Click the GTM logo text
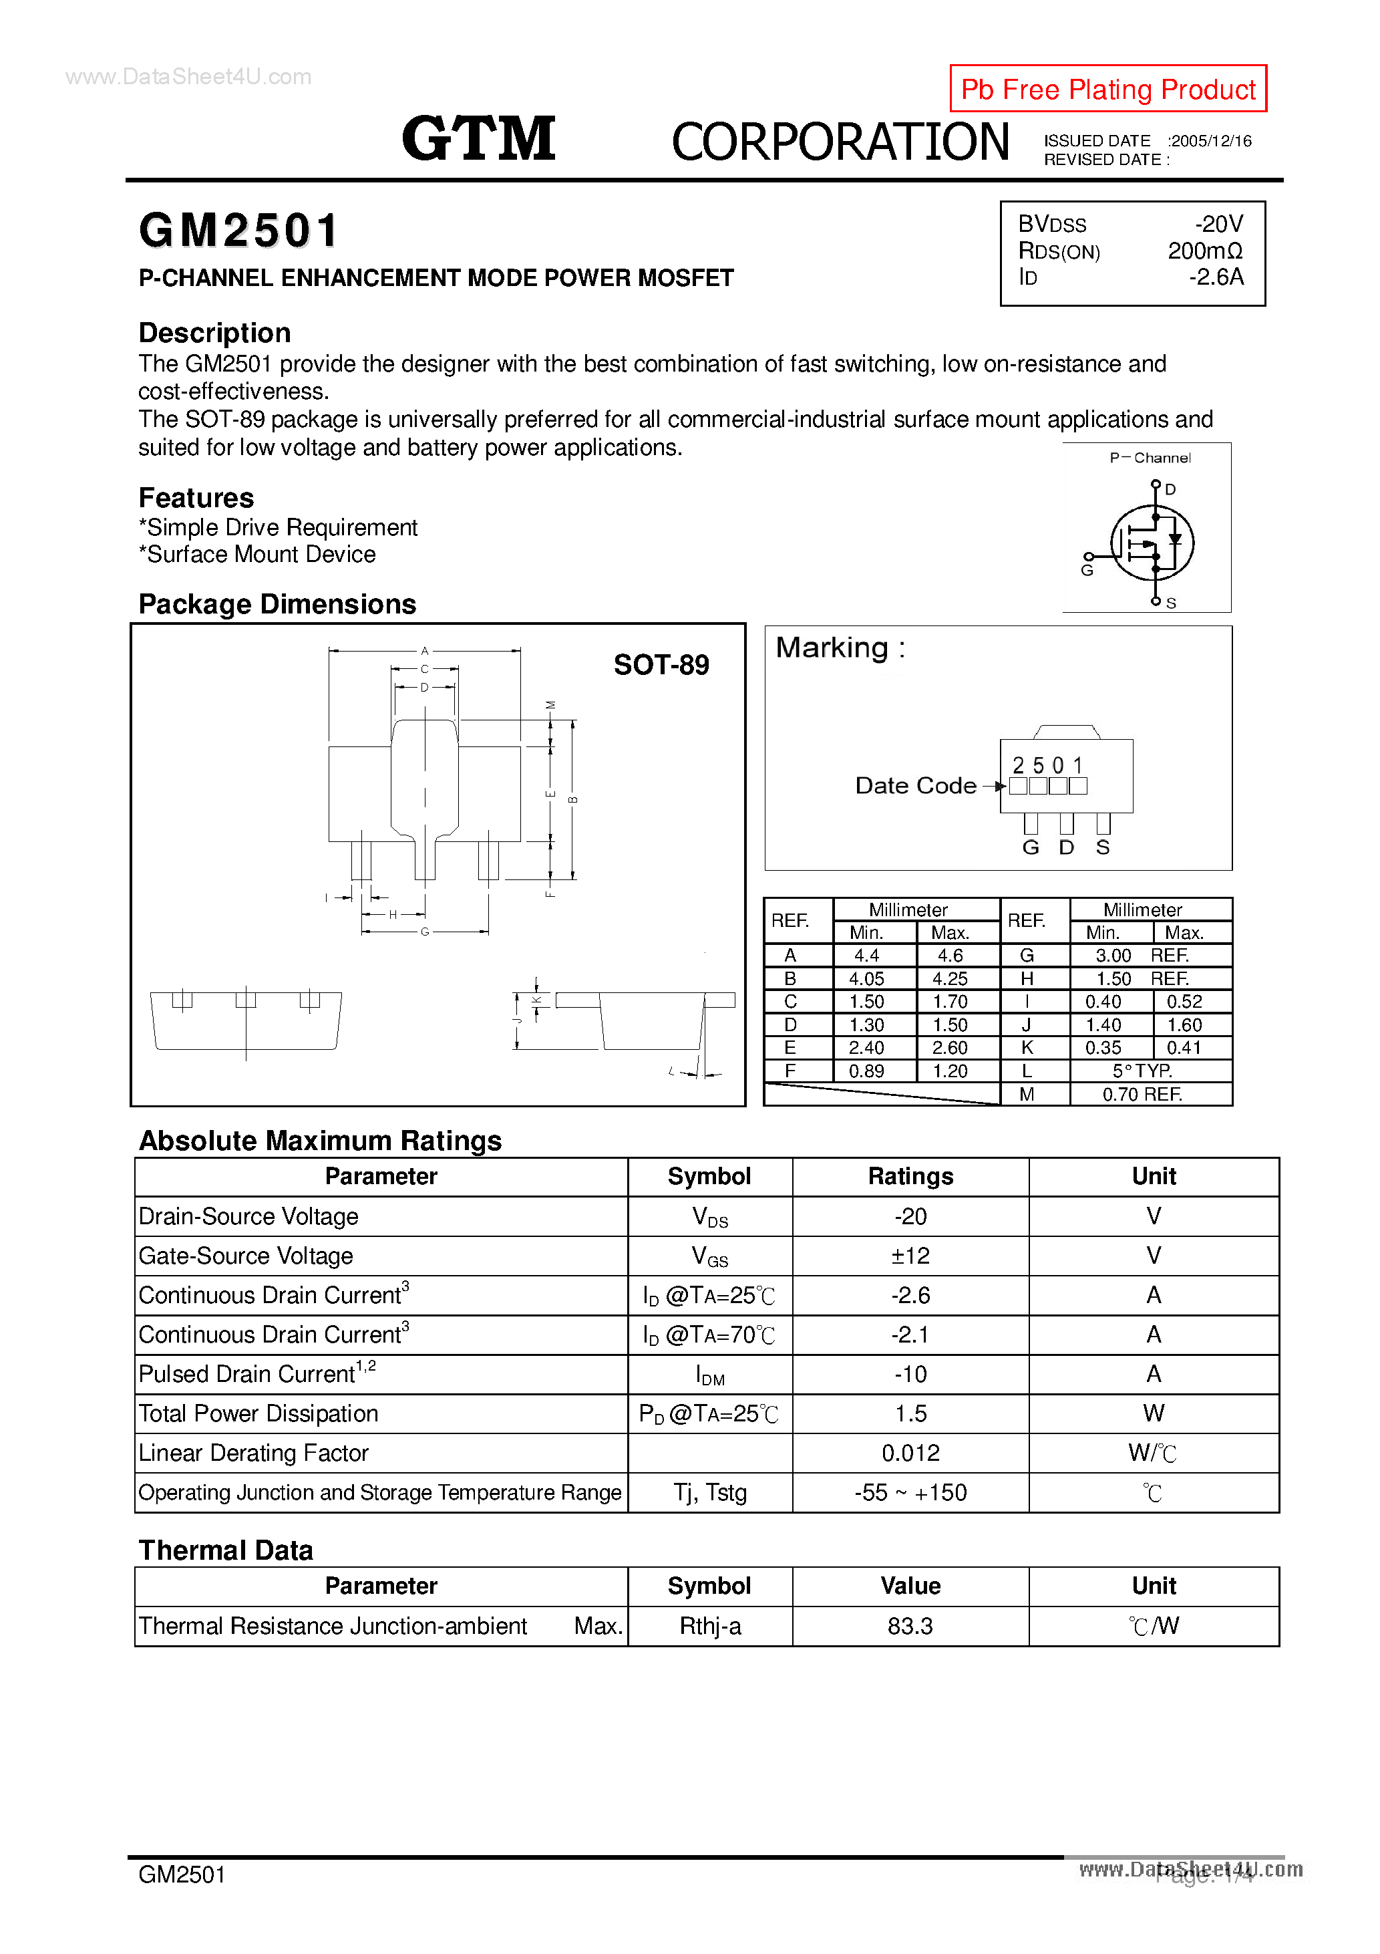[478, 139]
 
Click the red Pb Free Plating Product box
[1107, 88]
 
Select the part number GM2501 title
[239, 231]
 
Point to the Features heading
[196, 498]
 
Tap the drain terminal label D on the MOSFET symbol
[1171, 489]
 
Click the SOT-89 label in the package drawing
[661, 665]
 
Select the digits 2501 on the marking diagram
[1047, 765]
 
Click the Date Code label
[916, 785]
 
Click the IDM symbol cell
[709, 1375]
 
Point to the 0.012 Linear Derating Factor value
[910, 1453]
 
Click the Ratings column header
[910, 1176]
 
